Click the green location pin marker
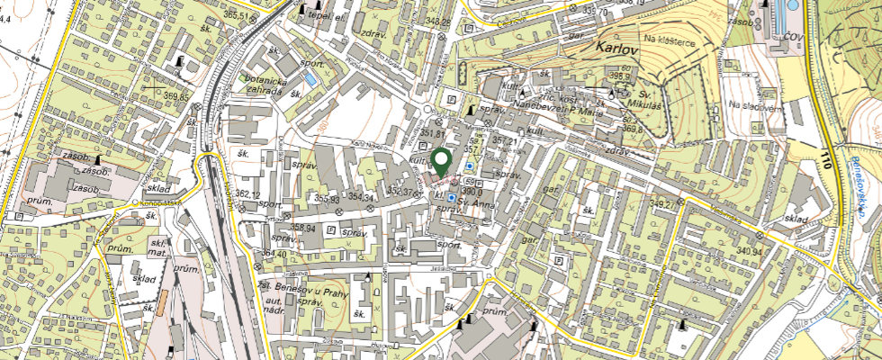(441, 161)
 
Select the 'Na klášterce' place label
(667, 40)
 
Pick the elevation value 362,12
(247, 194)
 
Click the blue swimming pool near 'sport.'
(310, 79)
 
